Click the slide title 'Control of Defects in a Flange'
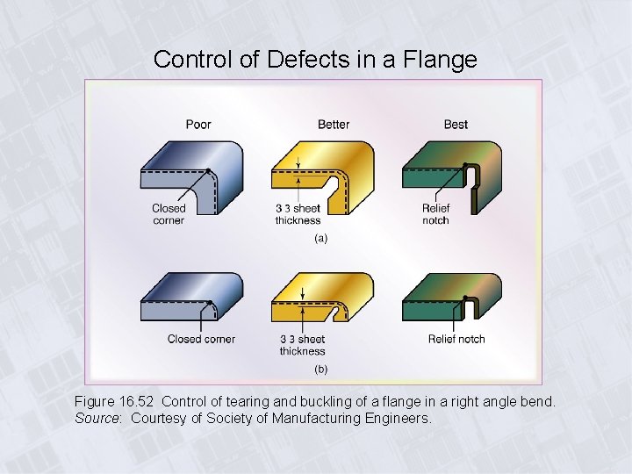315,60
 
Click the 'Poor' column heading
198,125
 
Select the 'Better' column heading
334,125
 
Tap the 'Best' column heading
456,125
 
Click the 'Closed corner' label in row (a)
169,214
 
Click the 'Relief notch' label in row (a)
436,214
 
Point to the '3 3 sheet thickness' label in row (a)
298,214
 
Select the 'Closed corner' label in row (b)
201,339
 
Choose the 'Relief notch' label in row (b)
456,339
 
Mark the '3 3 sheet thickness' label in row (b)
302,345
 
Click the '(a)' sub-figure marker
320,239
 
